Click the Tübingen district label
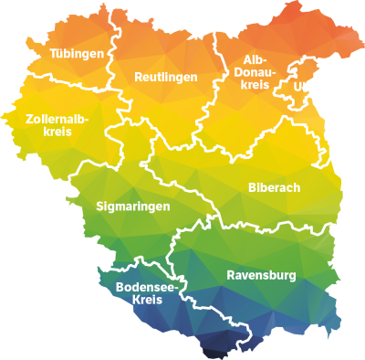coord(76,54)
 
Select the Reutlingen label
coord(165,77)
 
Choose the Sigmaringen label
coord(132,207)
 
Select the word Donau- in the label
coord(255,71)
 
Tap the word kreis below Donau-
coord(255,84)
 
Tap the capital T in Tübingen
coord(53,54)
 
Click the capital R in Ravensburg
coord(230,274)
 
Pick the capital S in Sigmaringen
coord(99,207)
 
